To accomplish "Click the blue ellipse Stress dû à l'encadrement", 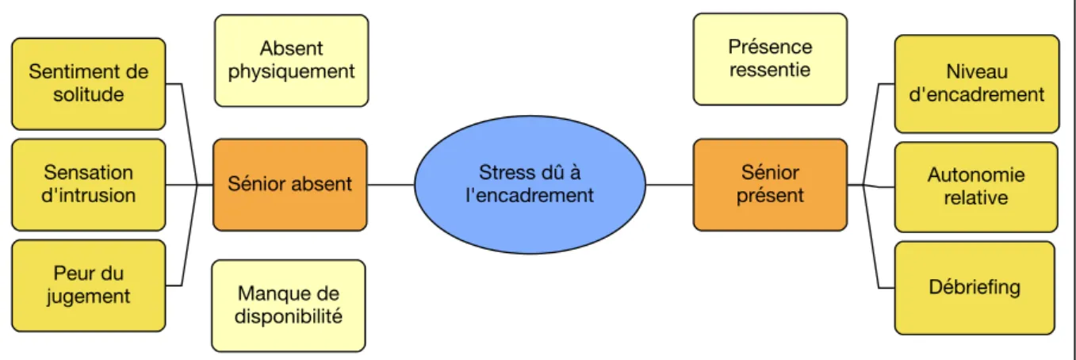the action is click(x=530, y=184).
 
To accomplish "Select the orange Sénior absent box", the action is click(x=290, y=185).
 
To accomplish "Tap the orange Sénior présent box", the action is click(x=770, y=185).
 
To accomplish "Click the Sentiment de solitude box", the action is click(x=89, y=83).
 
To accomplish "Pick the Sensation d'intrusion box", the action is click(x=89, y=185).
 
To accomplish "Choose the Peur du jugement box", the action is click(x=89, y=285).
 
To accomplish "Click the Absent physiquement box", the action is click(x=292, y=60).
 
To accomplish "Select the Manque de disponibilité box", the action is click(x=289, y=306).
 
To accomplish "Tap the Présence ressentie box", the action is click(x=770, y=59).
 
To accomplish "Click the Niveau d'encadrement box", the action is click(x=977, y=83).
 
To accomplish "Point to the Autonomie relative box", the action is click(x=976, y=187).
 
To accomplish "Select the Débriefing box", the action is click(x=975, y=287).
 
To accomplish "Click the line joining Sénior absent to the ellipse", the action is click(x=391, y=185).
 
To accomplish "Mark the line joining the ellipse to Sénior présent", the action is click(x=669, y=185).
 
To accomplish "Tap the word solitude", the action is click(x=89, y=94).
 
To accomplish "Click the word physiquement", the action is click(x=292, y=72).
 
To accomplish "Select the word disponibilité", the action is click(x=289, y=316).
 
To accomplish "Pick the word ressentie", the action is click(x=770, y=70).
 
